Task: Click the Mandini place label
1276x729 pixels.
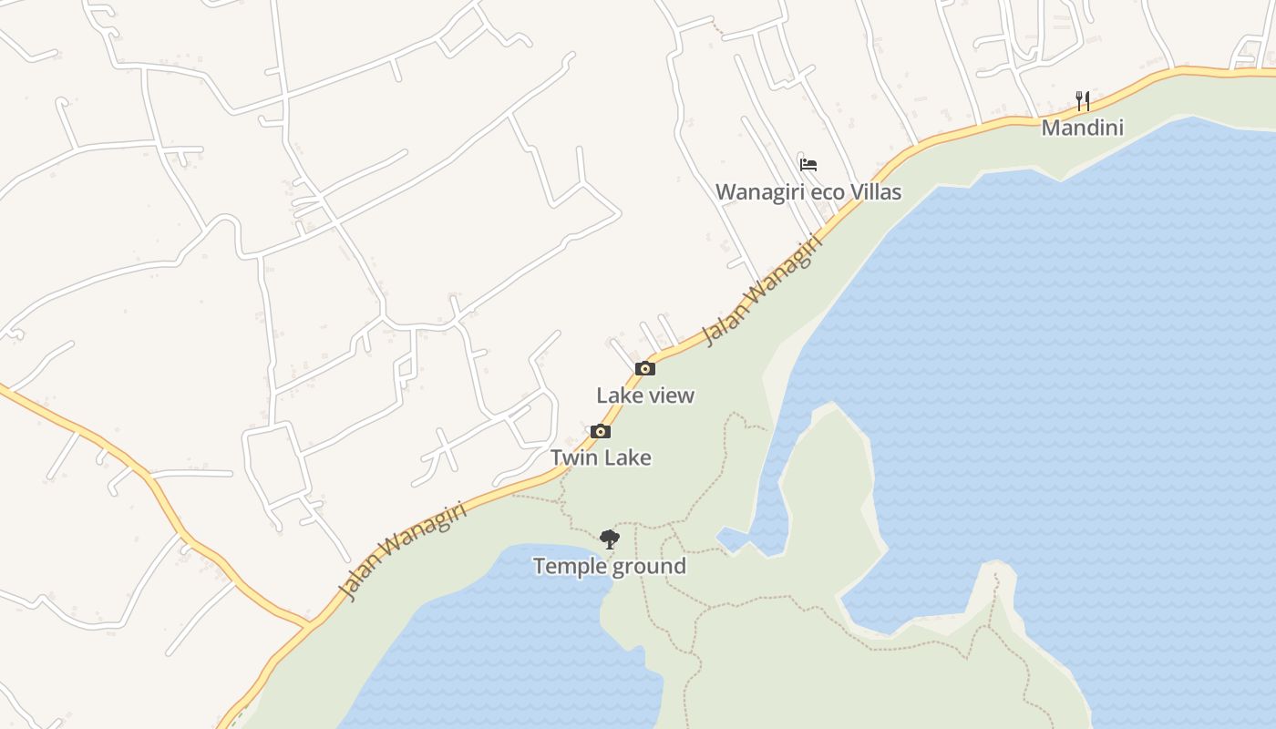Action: click(x=1082, y=128)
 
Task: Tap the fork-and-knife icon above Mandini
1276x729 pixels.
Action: click(x=1083, y=100)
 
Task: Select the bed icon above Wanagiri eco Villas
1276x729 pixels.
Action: click(x=808, y=165)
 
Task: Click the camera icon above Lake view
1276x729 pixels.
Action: click(x=645, y=369)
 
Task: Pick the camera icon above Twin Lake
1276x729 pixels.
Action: click(x=601, y=432)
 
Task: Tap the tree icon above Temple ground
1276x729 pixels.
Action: click(x=610, y=539)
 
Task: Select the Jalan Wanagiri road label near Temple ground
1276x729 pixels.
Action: click(x=402, y=551)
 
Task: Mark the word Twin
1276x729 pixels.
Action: click(x=572, y=457)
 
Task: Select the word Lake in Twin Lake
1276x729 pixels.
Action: click(x=627, y=457)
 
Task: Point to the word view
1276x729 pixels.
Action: click(x=674, y=395)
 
